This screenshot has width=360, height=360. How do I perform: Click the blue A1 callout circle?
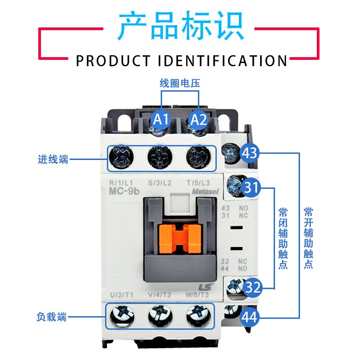pyautogui.click(x=161, y=119)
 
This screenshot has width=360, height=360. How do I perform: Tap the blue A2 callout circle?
pyautogui.click(x=198, y=119)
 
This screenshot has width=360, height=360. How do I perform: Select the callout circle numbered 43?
pyautogui.click(x=250, y=153)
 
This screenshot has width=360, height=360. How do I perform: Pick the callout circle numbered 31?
pyautogui.click(x=251, y=188)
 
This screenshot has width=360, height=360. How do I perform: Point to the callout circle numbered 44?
pyautogui.click(x=250, y=317)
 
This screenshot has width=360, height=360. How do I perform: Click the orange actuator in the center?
pyautogui.click(x=180, y=238)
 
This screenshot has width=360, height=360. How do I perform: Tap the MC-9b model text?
pyautogui.click(x=124, y=191)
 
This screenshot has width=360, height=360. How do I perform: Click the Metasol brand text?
pyautogui.click(x=205, y=192)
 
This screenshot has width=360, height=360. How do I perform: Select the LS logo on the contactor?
pyautogui.click(x=206, y=288)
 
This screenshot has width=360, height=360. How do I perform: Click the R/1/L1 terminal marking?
pyautogui.click(x=121, y=183)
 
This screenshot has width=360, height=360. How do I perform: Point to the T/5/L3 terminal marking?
pyautogui.click(x=198, y=183)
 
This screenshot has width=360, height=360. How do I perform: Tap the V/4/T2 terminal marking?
pyautogui.click(x=160, y=295)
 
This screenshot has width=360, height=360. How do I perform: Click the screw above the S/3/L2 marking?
pyautogui.click(x=160, y=157)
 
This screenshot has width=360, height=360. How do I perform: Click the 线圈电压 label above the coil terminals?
pyautogui.click(x=180, y=83)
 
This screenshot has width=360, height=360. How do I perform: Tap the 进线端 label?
pyautogui.click(x=53, y=159)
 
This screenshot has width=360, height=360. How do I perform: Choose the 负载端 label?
pyautogui.click(x=52, y=317)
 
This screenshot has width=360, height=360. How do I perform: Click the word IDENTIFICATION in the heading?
pyautogui.click(x=222, y=61)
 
